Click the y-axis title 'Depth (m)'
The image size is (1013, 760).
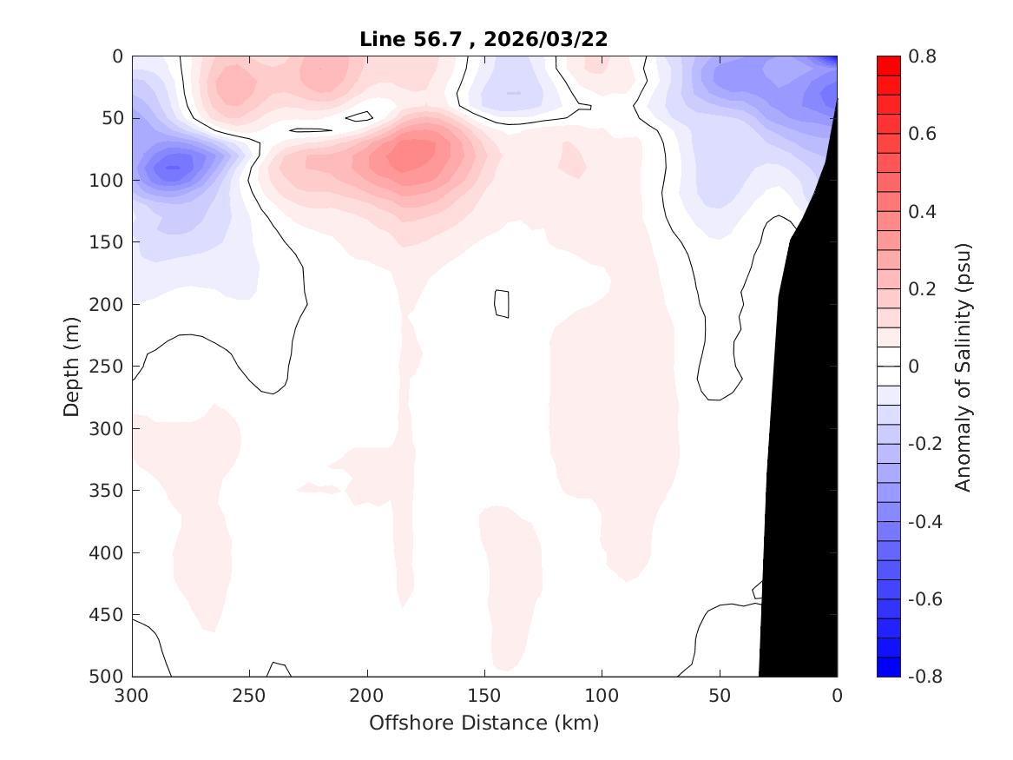pyautogui.click(x=73, y=366)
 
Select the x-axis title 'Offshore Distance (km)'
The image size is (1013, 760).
pyautogui.click(x=483, y=723)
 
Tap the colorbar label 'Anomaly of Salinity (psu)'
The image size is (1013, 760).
pyautogui.click(x=963, y=367)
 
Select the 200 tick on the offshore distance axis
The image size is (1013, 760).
pyautogui.click(x=367, y=696)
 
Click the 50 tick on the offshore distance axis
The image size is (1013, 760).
pyautogui.click(x=720, y=696)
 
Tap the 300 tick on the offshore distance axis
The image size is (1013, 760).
pyautogui.click(x=132, y=696)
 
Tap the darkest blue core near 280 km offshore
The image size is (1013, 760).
pyautogui.click(x=173, y=167)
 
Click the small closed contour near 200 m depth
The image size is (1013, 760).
pyautogui.click(x=501, y=303)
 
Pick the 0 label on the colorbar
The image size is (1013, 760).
pyautogui.click(x=912, y=367)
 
